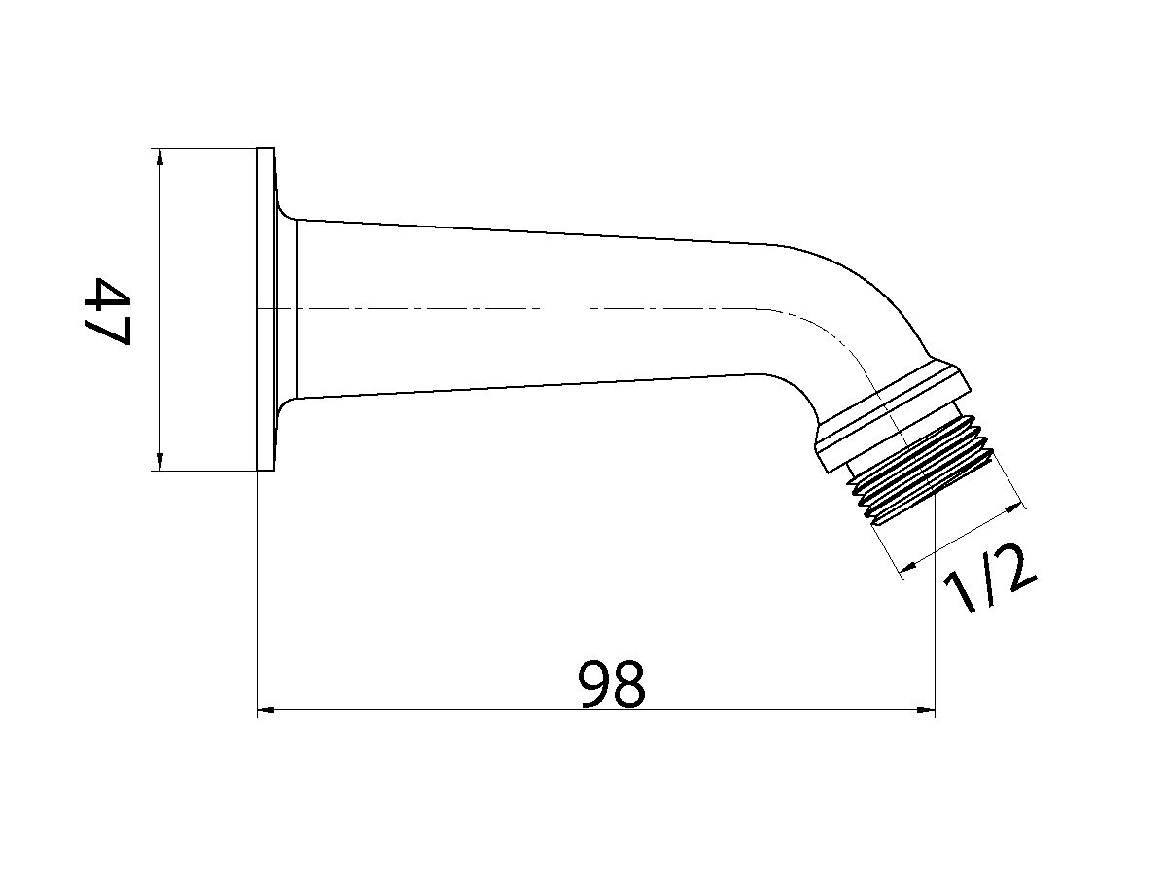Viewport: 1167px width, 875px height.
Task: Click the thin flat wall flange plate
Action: (265, 309)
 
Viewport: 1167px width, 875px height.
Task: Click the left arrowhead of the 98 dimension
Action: (265, 711)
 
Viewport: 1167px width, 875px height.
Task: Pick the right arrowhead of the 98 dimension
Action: (926, 711)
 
